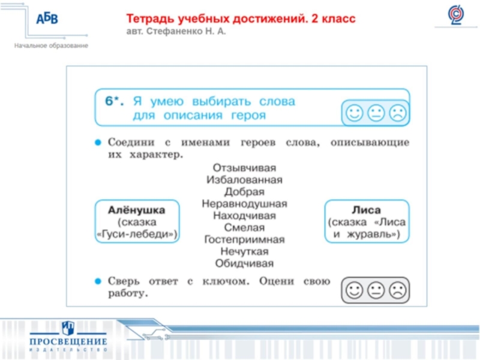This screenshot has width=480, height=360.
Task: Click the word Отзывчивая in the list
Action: (244, 167)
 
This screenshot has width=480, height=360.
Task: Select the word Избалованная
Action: (244, 179)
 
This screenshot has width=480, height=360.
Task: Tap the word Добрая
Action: (244, 191)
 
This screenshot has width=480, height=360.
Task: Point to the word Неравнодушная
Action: (244, 203)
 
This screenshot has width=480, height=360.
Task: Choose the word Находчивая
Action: (244, 215)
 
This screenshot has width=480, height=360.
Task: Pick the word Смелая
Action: (244, 227)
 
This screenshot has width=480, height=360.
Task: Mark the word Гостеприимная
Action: (244, 239)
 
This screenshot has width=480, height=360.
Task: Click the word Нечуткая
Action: (244, 251)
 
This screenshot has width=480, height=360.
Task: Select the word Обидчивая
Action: (244, 263)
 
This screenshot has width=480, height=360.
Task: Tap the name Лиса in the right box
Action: (366, 210)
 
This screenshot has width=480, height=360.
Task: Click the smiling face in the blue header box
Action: (354, 112)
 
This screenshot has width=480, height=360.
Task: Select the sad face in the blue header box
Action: (397, 112)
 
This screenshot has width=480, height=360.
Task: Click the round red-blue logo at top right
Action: (456, 16)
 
